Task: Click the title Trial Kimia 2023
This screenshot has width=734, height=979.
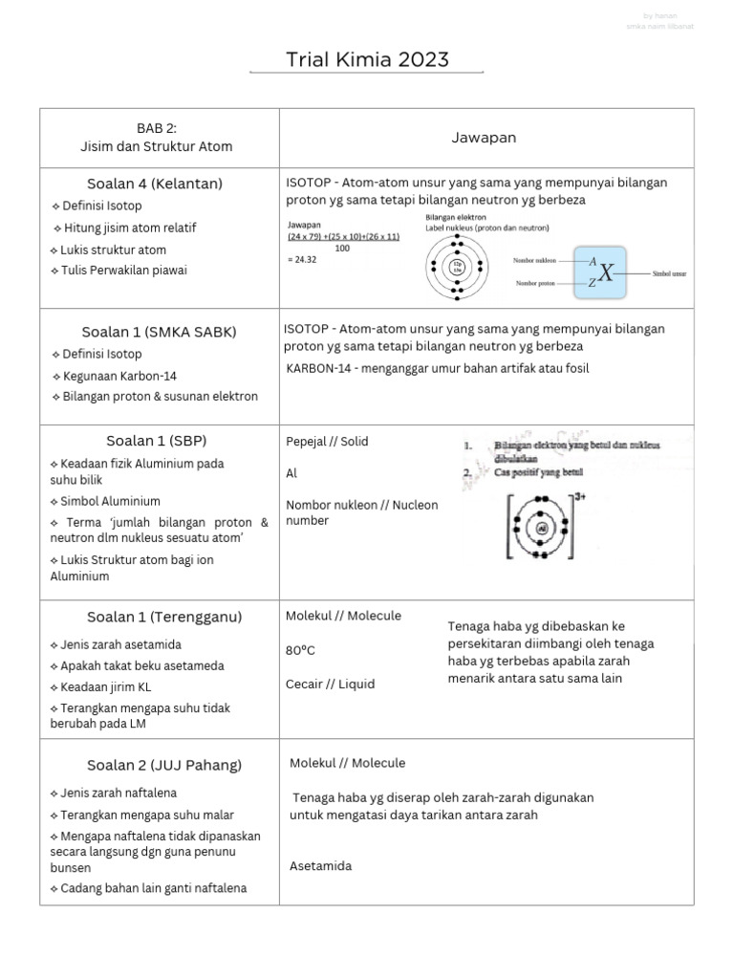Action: [367, 60]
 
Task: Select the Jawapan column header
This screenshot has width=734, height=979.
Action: [484, 138]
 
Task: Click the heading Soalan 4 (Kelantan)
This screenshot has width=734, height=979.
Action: [155, 183]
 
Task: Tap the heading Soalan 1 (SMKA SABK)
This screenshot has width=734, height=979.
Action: [159, 332]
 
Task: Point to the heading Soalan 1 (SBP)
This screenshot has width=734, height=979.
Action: [157, 441]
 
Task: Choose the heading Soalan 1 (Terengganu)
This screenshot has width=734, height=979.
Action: [163, 616]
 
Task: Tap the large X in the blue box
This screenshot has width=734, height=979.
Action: [606, 272]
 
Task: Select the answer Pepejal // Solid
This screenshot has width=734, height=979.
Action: [327, 442]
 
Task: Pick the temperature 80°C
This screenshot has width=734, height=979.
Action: [300, 650]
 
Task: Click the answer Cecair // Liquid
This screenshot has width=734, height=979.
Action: [330, 685]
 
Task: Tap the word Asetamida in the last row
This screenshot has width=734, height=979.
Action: [321, 866]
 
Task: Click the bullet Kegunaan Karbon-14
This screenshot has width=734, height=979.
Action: [117, 376]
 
